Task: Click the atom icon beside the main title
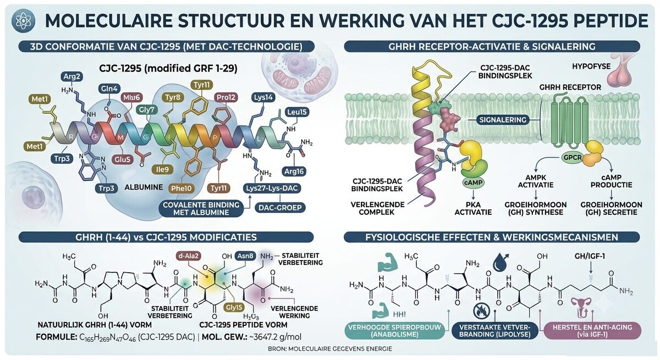click(x=23, y=20)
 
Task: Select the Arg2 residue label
click(x=72, y=77)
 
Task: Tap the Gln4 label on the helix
click(x=109, y=88)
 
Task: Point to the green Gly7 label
click(x=147, y=110)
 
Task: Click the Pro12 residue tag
click(x=226, y=97)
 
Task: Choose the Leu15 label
click(x=297, y=112)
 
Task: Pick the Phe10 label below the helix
click(x=181, y=189)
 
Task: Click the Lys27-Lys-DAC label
click(x=272, y=189)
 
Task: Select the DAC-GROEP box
click(x=280, y=208)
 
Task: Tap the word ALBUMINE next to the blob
click(x=144, y=187)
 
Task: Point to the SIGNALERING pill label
click(x=503, y=120)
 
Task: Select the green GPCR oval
click(x=573, y=158)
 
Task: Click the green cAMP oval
click(x=473, y=182)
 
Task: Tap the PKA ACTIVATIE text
click(x=473, y=208)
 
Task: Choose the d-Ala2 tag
click(x=189, y=256)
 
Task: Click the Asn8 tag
click(x=245, y=256)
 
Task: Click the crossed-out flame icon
click(x=481, y=311)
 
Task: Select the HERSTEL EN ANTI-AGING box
click(x=592, y=331)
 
